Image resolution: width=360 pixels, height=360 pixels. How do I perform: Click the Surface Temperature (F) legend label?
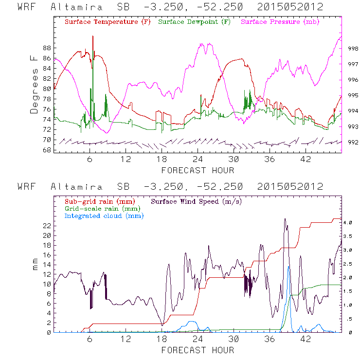(107, 22)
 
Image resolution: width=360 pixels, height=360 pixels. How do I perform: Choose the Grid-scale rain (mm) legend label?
(99, 208)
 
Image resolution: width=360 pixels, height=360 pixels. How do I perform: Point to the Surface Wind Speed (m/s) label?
(197, 201)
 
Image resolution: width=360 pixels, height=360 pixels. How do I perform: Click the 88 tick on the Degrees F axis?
(47, 48)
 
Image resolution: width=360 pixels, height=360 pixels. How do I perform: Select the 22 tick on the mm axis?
(47, 226)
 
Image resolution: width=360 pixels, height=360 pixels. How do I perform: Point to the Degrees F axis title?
(34, 84)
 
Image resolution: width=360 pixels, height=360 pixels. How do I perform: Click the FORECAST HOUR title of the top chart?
(198, 170)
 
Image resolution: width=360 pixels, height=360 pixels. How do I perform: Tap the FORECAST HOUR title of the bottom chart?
(198, 350)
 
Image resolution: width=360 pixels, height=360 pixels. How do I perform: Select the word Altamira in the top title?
(76, 8)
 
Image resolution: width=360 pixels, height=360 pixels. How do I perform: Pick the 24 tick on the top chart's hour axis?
(198, 160)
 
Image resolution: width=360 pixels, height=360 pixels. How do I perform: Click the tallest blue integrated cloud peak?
(289, 267)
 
